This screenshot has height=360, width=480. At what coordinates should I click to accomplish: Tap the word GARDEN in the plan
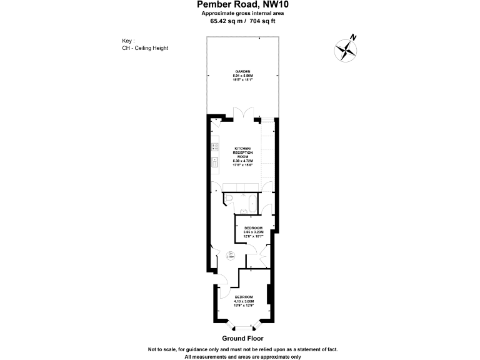[242, 72]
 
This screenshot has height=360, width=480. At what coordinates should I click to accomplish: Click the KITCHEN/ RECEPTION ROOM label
[241, 152]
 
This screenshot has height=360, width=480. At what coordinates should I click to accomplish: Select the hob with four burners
[215, 147]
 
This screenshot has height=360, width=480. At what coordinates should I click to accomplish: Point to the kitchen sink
[215, 165]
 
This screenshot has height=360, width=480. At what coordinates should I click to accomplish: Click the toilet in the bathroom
[229, 199]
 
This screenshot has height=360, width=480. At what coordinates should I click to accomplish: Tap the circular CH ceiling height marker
[231, 254]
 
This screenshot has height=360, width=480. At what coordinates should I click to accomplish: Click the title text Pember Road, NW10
[239, 5]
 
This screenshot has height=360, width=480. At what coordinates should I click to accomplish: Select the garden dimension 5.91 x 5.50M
[242, 76]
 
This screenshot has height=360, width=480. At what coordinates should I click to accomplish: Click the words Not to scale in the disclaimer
[162, 349]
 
